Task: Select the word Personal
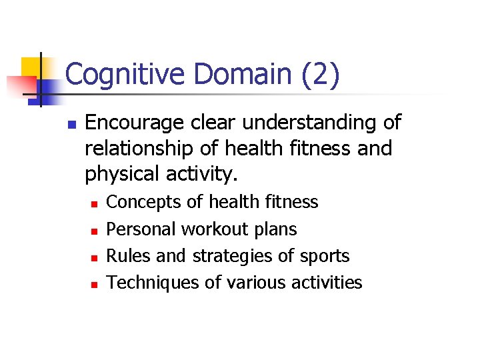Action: tap(141, 229)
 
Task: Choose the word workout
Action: tap(215, 229)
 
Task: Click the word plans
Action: tap(276, 230)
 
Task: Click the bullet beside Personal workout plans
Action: tap(95, 231)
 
